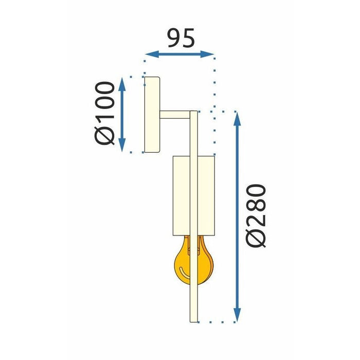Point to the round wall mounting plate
point(152,114)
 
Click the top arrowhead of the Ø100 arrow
point(122,82)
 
